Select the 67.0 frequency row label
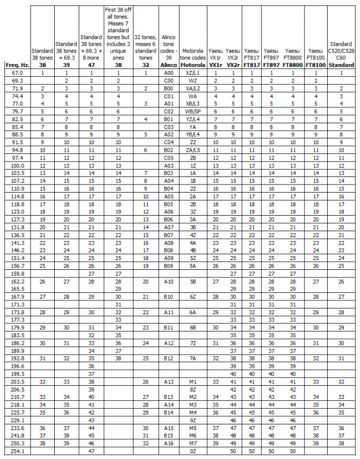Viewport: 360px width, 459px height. [x=17, y=73]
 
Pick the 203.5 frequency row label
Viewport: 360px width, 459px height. [x=17, y=381]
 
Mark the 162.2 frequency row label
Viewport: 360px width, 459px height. [x=17, y=281]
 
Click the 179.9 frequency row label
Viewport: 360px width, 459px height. [x=17, y=327]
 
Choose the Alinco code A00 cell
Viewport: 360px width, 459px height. [x=168, y=73]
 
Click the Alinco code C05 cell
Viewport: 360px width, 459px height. [x=168, y=157]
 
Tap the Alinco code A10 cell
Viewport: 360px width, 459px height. [x=168, y=281]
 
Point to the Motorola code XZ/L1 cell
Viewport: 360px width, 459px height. [x=193, y=73]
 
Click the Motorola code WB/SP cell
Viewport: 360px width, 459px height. [x=193, y=111]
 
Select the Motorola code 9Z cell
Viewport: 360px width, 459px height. [x=193, y=420]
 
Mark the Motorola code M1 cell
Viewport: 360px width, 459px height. [x=193, y=381]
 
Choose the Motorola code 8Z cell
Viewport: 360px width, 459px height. [x=193, y=389]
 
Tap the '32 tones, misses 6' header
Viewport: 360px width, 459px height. [x=145, y=47]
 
